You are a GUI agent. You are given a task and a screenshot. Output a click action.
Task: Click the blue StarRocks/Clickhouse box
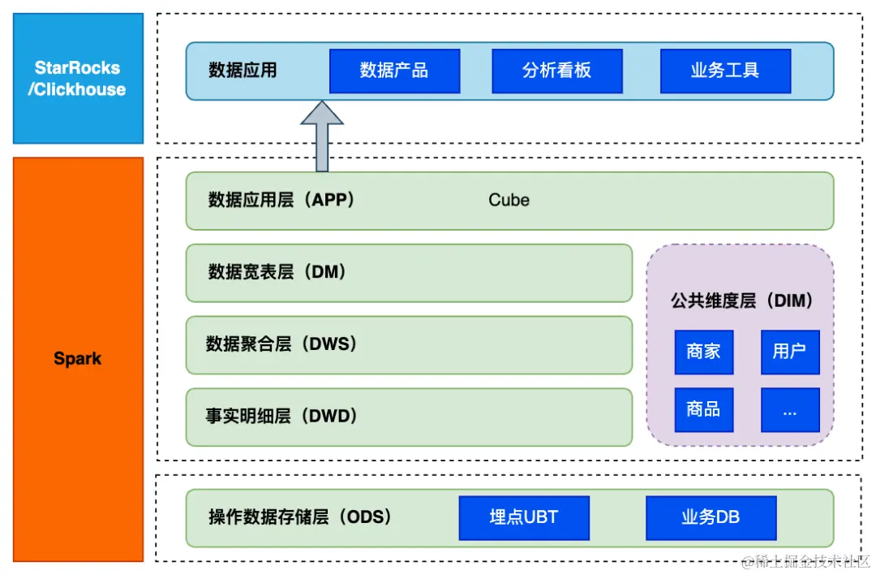pyautogui.click(x=78, y=79)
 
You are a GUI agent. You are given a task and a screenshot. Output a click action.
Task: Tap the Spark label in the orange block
pyautogui.click(x=78, y=358)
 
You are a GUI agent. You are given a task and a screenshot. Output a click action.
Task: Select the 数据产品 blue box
pyautogui.click(x=394, y=71)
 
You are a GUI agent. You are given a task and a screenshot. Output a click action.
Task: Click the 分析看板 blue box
pyautogui.click(x=556, y=71)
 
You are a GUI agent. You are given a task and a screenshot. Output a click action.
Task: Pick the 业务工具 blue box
pyautogui.click(x=725, y=71)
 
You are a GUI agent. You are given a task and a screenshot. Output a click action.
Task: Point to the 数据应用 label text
pyautogui.click(x=243, y=71)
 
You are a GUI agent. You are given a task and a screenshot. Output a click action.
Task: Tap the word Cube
pyautogui.click(x=509, y=200)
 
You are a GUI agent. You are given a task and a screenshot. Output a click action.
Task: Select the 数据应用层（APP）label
pyautogui.click(x=281, y=200)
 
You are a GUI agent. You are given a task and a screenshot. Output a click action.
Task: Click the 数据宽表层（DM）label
pyautogui.click(x=277, y=272)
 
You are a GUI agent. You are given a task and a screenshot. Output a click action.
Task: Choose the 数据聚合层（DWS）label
pyautogui.click(x=281, y=344)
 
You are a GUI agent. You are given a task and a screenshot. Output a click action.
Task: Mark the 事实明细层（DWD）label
pyautogui.click(x=281, y=417)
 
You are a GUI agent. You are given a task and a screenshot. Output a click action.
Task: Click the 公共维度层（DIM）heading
pyautogui.click(x=741, y=300)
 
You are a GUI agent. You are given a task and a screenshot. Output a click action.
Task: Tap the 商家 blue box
pyautogui.click(x=703, y=352)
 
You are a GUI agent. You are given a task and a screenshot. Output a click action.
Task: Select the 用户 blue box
pyautogui.click(x=789, y=352)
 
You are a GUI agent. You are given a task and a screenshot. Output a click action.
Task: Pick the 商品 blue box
pyautogui.click(x=703, y=409)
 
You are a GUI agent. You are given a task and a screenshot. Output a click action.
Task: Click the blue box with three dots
pyautogui.click(x=789, y=409)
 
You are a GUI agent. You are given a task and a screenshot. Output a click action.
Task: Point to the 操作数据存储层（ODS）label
pyautogui.click(x=299, y=517)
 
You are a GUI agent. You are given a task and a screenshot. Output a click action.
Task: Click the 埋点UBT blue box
pyautogui.click(x=524, y=517)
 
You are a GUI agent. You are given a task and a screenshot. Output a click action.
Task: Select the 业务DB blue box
pyautogui.click(x=711, y=517)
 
